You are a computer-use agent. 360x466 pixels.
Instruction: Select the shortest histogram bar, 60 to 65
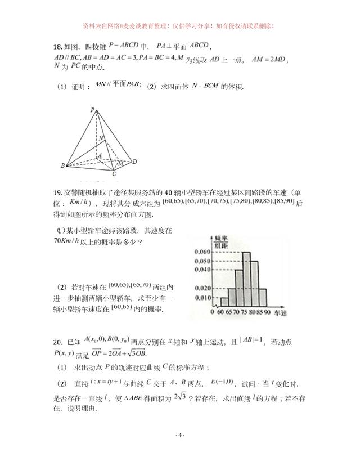[224, 301]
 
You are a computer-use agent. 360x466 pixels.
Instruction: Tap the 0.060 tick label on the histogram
[201, 252]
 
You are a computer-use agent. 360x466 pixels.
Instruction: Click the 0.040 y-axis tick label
[201, 270]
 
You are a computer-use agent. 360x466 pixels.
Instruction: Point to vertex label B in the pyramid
[62, 166]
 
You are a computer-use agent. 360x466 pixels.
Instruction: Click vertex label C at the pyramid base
[114, 174]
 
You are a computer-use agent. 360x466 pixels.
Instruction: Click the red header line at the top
[179, 26]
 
